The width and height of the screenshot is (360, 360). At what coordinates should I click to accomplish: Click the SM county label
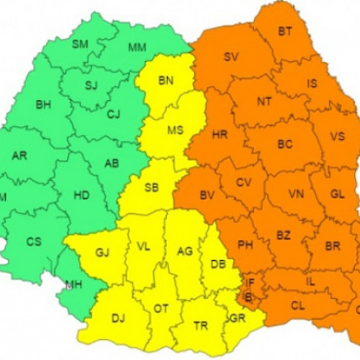[80, 45]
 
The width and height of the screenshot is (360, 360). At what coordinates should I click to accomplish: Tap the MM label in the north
[137, 48]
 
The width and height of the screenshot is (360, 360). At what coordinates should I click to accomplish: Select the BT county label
[286, 31]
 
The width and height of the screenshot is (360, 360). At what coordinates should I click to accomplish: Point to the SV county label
[231, 57]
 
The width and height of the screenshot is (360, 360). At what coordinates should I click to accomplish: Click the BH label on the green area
[43, 104]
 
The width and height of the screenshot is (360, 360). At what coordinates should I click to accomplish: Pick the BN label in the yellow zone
[166, 80]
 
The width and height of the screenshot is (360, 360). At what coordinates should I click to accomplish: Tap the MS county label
[175, 131]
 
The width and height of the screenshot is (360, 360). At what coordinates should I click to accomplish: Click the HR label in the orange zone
[220, 135]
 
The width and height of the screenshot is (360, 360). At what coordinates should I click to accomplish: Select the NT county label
[264, 102]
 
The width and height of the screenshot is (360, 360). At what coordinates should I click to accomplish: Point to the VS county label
[337, 137]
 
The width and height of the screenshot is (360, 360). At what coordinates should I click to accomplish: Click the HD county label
[81, 194]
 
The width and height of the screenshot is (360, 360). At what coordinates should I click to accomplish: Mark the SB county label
[151, 187]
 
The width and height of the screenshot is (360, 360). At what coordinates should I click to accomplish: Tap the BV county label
[207, 194]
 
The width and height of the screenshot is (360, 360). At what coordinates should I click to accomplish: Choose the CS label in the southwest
[34, 241]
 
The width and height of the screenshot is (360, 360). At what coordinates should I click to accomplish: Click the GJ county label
[102, 252]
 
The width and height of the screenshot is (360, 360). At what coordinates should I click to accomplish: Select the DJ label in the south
[119, 317]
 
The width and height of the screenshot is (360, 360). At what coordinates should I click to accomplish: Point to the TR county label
[201, 325]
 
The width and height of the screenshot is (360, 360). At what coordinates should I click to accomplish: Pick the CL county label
[297, 305]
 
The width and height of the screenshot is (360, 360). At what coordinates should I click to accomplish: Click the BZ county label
[284, 235]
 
